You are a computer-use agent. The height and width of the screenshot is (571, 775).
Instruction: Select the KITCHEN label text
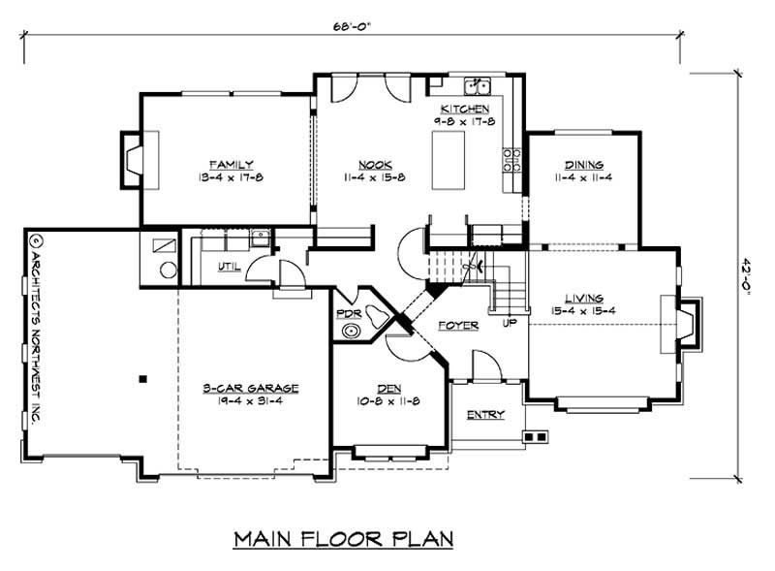point(464,109)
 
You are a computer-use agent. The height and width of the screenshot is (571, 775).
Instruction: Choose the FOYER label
point(458,325)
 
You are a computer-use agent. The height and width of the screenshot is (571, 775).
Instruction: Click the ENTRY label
point(485,415)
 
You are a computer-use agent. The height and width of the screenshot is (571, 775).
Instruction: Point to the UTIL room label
point(230,267)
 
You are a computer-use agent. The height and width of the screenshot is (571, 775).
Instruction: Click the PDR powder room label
point(349,314)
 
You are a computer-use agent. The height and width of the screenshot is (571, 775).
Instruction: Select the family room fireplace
point(131,158)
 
